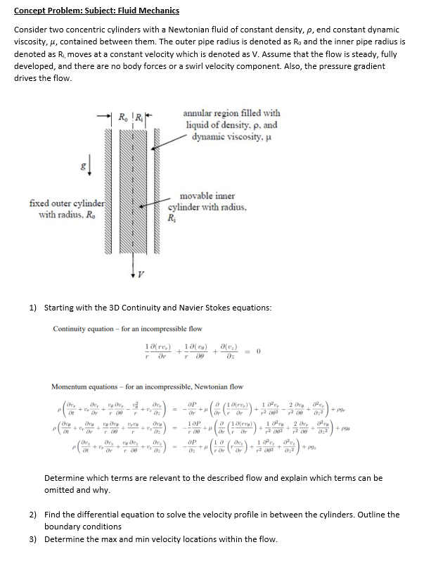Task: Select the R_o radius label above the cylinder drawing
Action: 122,115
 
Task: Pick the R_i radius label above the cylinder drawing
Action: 139,115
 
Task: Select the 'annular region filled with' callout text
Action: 231,113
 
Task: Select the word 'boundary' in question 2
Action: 63,526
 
